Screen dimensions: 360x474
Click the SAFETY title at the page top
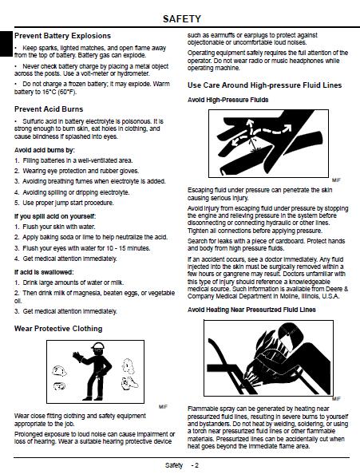[182, 18]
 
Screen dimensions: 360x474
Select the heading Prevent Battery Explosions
[62, 36]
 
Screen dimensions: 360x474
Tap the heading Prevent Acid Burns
[49, 109]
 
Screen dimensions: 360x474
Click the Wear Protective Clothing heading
[58, 329]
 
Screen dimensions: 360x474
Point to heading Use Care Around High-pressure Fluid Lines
[264, 85]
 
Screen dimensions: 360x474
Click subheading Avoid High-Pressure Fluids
[228, 100]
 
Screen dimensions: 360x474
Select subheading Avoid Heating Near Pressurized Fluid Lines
[251, 310]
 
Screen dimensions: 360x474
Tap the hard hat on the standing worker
[97, 346]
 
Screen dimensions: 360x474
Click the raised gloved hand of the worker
[77, 356]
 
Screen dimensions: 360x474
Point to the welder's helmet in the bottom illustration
[291, 334]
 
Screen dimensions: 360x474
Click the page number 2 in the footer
[197, 465]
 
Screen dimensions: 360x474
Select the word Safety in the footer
[174, 465]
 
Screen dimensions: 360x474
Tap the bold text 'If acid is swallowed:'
[44, 272]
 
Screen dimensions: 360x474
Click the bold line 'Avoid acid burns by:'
[45, 150]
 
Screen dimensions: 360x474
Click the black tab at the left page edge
[6, 43]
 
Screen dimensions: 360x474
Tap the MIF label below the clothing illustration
[163, 407]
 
